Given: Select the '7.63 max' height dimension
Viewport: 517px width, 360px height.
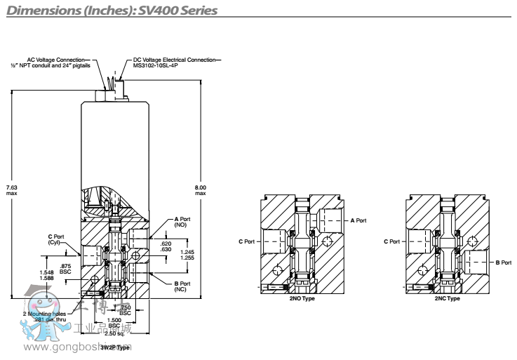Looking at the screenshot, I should click(11, 190).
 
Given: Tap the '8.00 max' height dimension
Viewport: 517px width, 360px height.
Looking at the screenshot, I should click(201, 189).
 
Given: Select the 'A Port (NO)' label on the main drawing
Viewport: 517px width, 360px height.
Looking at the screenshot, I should click(182, 222).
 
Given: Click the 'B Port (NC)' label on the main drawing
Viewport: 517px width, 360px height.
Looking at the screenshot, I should click(182, 286).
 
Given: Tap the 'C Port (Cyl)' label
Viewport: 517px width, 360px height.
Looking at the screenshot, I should click(55, 239).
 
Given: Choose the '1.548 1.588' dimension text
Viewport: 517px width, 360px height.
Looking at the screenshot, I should click(46, 274).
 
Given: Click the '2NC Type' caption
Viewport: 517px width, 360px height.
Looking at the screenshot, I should click(445, 299).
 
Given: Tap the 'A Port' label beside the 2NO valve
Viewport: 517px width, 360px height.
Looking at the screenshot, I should click(358, 220).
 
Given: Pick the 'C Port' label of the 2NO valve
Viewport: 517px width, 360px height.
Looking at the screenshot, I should click(246, 241).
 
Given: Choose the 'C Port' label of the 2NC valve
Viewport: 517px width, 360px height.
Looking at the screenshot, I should click(391, 241).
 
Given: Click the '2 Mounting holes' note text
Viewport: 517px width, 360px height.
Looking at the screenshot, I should click(44, 313).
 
